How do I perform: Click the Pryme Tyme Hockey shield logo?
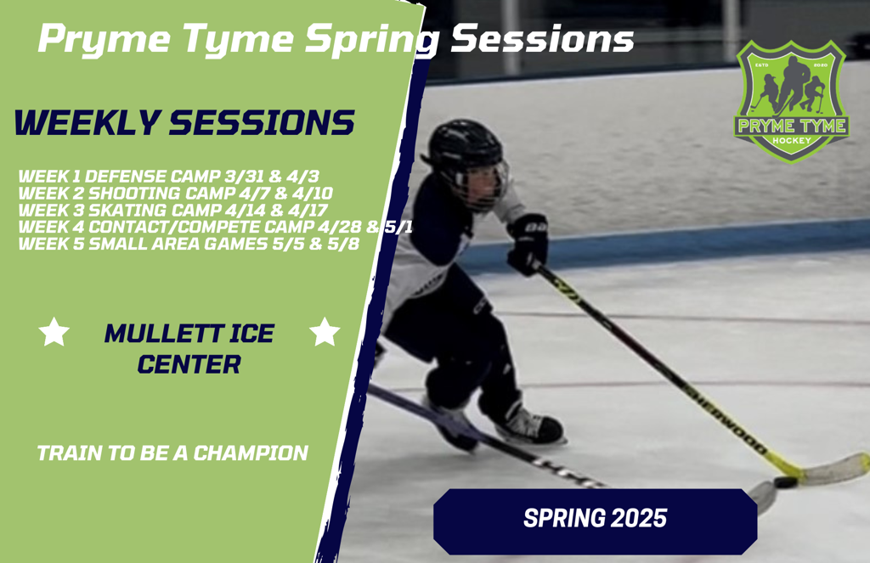[791, 102]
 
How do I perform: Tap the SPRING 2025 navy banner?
[596, 521]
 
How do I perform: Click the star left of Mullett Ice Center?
[54, 332]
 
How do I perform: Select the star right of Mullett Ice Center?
[325, 332]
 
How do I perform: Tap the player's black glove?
[527, 244]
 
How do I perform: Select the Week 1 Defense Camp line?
[169, 177]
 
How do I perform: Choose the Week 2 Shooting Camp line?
[175, 193]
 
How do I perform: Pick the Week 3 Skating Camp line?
[173, 211]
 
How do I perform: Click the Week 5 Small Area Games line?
[189, 244]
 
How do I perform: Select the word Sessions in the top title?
[542, 38]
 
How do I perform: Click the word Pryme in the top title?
[105, 40]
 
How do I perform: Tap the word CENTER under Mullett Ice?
[189, 364]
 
